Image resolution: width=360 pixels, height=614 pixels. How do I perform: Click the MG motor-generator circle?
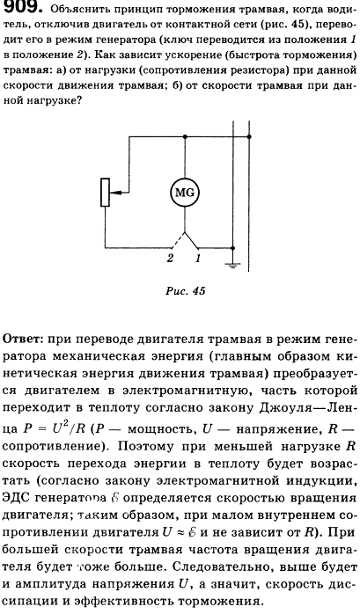coord(185,193)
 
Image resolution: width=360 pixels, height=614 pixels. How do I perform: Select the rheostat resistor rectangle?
coord(105,193)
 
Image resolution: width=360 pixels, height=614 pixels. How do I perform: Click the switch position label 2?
coord(170,259)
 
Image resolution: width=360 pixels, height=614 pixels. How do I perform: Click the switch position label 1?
coord(198,259)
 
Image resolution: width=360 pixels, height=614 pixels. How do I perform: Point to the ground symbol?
coord(232,266)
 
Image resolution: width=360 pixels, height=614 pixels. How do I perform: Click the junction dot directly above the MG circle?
coord(185,136)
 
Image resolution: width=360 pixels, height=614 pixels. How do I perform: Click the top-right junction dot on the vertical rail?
coord(249,136)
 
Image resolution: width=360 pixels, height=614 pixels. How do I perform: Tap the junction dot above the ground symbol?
coord(232,248)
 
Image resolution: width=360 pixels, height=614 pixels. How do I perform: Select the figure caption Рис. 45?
coord(186,291)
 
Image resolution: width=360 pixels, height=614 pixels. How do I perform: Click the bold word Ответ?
coord(22,340)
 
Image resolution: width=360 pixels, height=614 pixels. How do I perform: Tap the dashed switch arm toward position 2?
coord(178,241)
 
